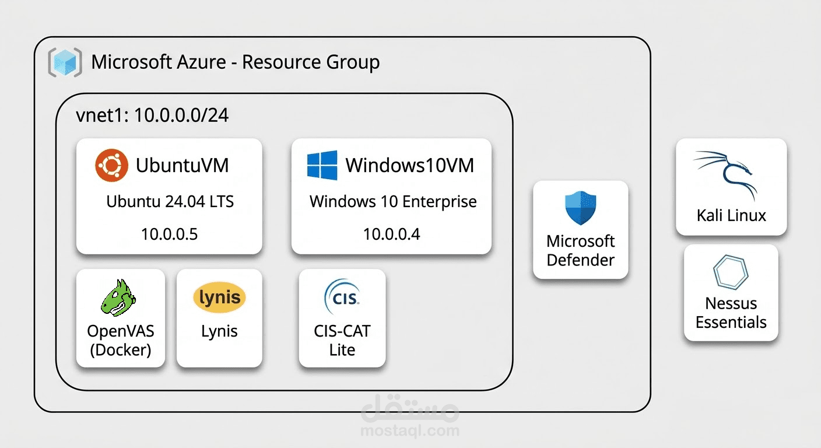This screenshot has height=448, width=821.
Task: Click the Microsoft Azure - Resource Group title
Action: click(235, 62)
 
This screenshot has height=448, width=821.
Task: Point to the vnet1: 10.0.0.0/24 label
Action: click(152, 115)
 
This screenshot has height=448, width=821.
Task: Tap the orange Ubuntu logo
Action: click(111, 165)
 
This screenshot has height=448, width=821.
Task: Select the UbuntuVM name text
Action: click(182, 165)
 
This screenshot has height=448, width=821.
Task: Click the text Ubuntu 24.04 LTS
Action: click(170, 202)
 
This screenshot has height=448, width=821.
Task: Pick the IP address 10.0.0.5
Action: click(169, 235)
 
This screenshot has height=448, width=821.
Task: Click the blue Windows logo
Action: click(322, 165)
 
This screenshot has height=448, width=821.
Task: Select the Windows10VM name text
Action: click(409, 165)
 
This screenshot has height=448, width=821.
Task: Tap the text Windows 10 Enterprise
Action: click(392, 202)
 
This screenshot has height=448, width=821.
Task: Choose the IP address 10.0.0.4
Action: click(391, 235)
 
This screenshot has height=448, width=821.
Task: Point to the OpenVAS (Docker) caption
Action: click(120, 341)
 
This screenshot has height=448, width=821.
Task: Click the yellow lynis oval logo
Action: click(219, 297)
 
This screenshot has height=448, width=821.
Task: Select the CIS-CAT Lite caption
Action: click(342, 341)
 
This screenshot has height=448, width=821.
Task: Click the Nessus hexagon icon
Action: click(731, 272)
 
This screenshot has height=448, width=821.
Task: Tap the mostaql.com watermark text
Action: click(410, 431)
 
